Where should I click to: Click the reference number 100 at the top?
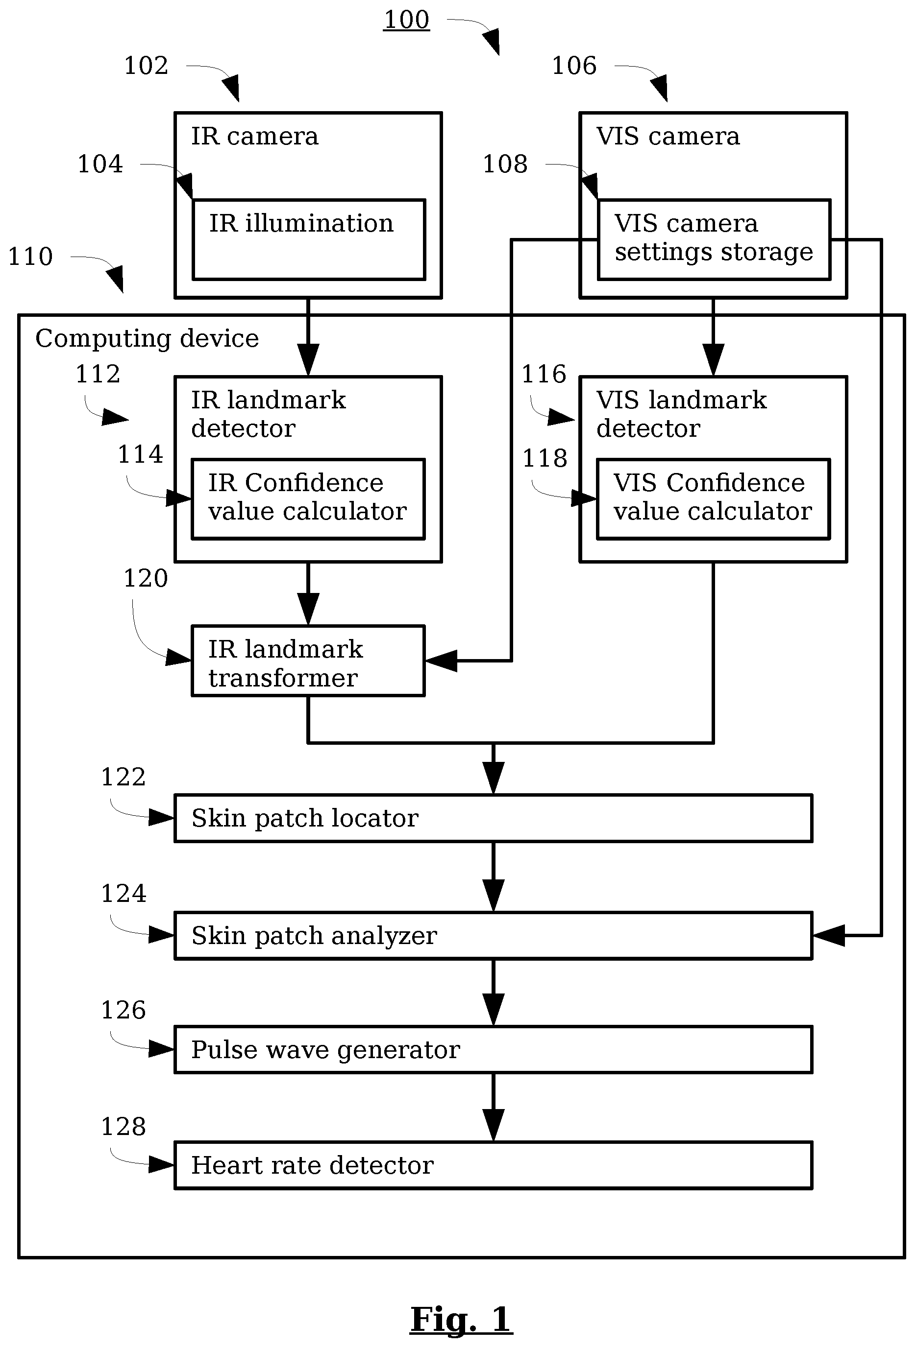(x=406, y=20)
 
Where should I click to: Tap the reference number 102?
(x=146, y=66)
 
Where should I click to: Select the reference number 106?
(x=574, y=66)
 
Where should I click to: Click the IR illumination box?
(x=309, y=239)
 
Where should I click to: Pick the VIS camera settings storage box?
(x=714, y=239)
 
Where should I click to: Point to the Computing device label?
(x=147, y=338)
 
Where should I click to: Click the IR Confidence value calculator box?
(x=308, y=499)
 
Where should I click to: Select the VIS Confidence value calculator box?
(x=714, y=499)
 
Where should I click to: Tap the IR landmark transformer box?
(x=308, y=661)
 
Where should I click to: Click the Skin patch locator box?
(x=494, y=818)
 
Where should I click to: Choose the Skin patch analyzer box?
(x=494, y=936)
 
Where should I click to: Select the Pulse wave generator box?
(x=494, y=1050)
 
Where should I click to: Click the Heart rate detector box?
(x=494, y=1165)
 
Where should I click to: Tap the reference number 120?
(x=146, y=578)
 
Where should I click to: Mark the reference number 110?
(x=30, y=257)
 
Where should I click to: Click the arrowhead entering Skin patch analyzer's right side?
(x=828, y=936)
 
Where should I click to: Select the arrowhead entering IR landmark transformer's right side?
(x=441, y=661)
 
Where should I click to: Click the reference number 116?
(x=544, y=374)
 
